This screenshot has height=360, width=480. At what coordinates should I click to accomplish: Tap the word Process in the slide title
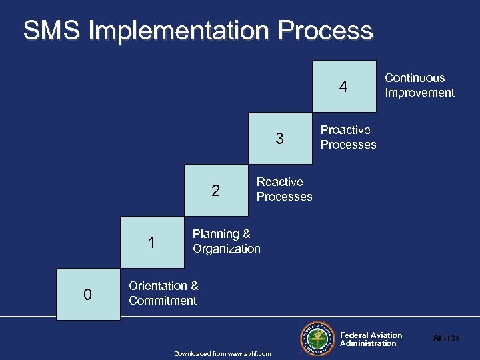[326, 31]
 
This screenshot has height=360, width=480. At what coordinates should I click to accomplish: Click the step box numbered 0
[88, 295]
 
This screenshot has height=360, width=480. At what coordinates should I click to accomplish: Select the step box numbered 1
[152, 243]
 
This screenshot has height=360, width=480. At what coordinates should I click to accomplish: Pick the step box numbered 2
[215, 191]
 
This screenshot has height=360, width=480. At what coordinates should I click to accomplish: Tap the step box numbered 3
[280, 139]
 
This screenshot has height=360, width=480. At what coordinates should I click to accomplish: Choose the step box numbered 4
[344, 87]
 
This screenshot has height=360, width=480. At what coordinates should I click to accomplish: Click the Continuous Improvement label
[419, 85]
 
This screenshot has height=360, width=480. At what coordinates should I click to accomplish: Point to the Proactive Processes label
[348, 137]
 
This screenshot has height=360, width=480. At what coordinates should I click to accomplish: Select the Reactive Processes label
[284, 189]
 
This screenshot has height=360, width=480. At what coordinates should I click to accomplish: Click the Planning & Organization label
[226, 241]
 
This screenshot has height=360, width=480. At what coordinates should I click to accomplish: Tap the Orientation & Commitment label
[163, 293]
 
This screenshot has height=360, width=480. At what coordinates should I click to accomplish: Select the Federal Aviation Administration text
[371, 339]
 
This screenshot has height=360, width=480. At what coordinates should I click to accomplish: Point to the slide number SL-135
[446, 339]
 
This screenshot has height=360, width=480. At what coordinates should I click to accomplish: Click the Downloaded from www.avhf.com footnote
[222, 353]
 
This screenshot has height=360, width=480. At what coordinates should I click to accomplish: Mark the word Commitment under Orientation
[163, 301]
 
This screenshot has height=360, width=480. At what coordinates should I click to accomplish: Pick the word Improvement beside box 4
[419, 93]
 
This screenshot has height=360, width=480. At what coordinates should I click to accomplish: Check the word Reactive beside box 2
[279, 182]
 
